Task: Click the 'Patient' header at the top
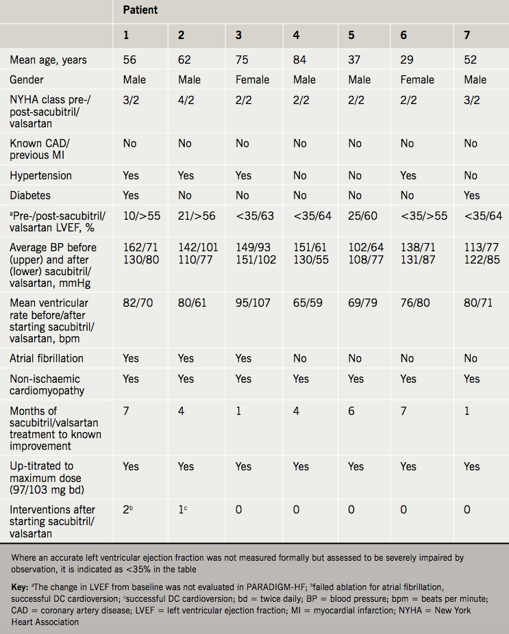pyautogui.click(x=140, y=10)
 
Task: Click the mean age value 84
pyautogui.click(x=300, y=60)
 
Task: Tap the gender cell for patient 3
pyautogui.click(x=253, y=80)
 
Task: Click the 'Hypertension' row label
pyautogui.click(x=40, y=176)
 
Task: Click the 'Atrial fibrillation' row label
pyautogui.click(x=47, y=358)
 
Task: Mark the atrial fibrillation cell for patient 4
pyautogui.click(x=300, y=358)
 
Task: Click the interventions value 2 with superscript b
pyautogui.click(x=128, y=509)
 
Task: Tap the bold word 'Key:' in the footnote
pyautogui.click(x=20, y=587)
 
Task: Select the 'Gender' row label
pyautogui.click(x=27, y=80)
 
